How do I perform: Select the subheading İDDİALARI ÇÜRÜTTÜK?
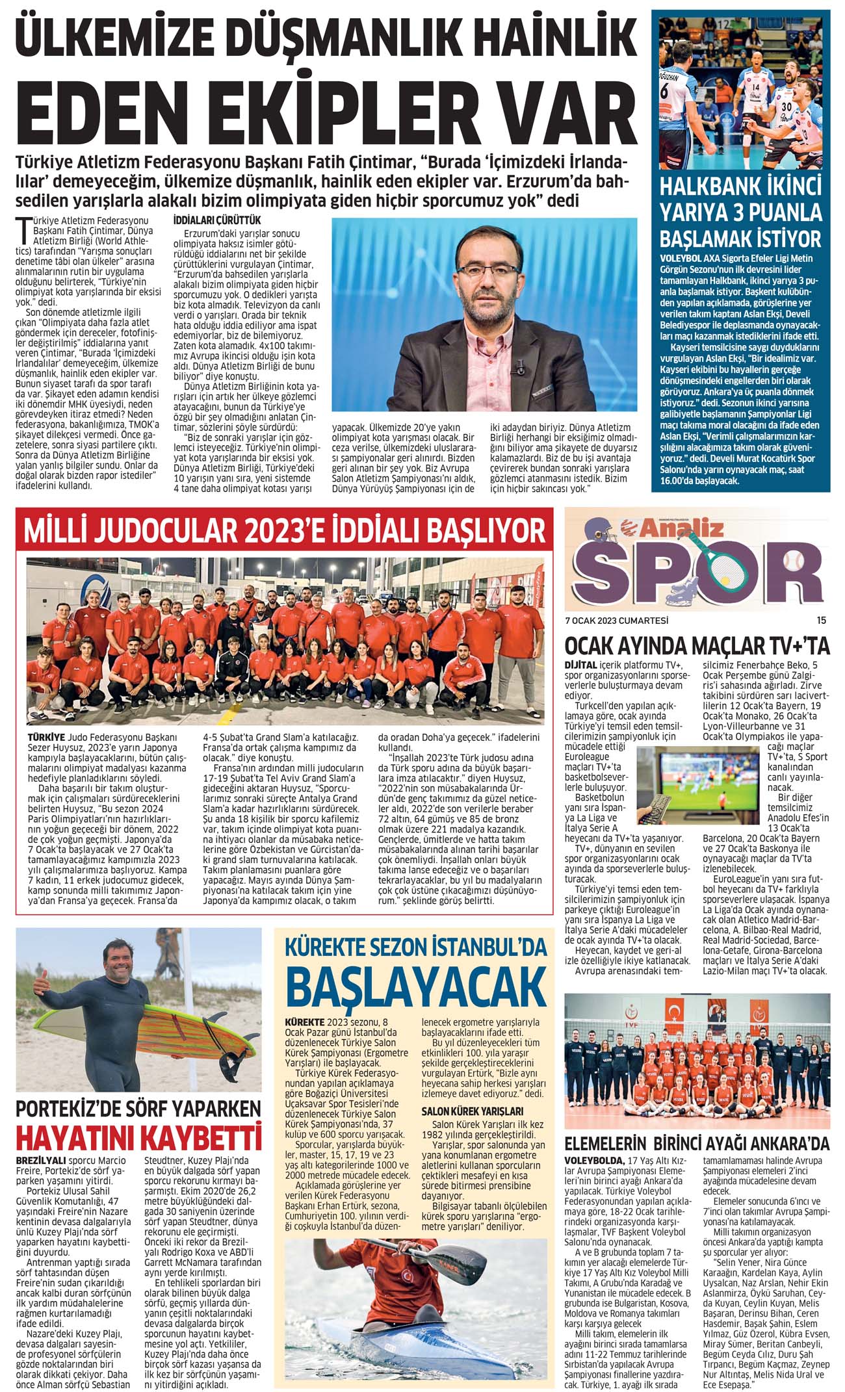[216, 221]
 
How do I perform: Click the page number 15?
[821, 619]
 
